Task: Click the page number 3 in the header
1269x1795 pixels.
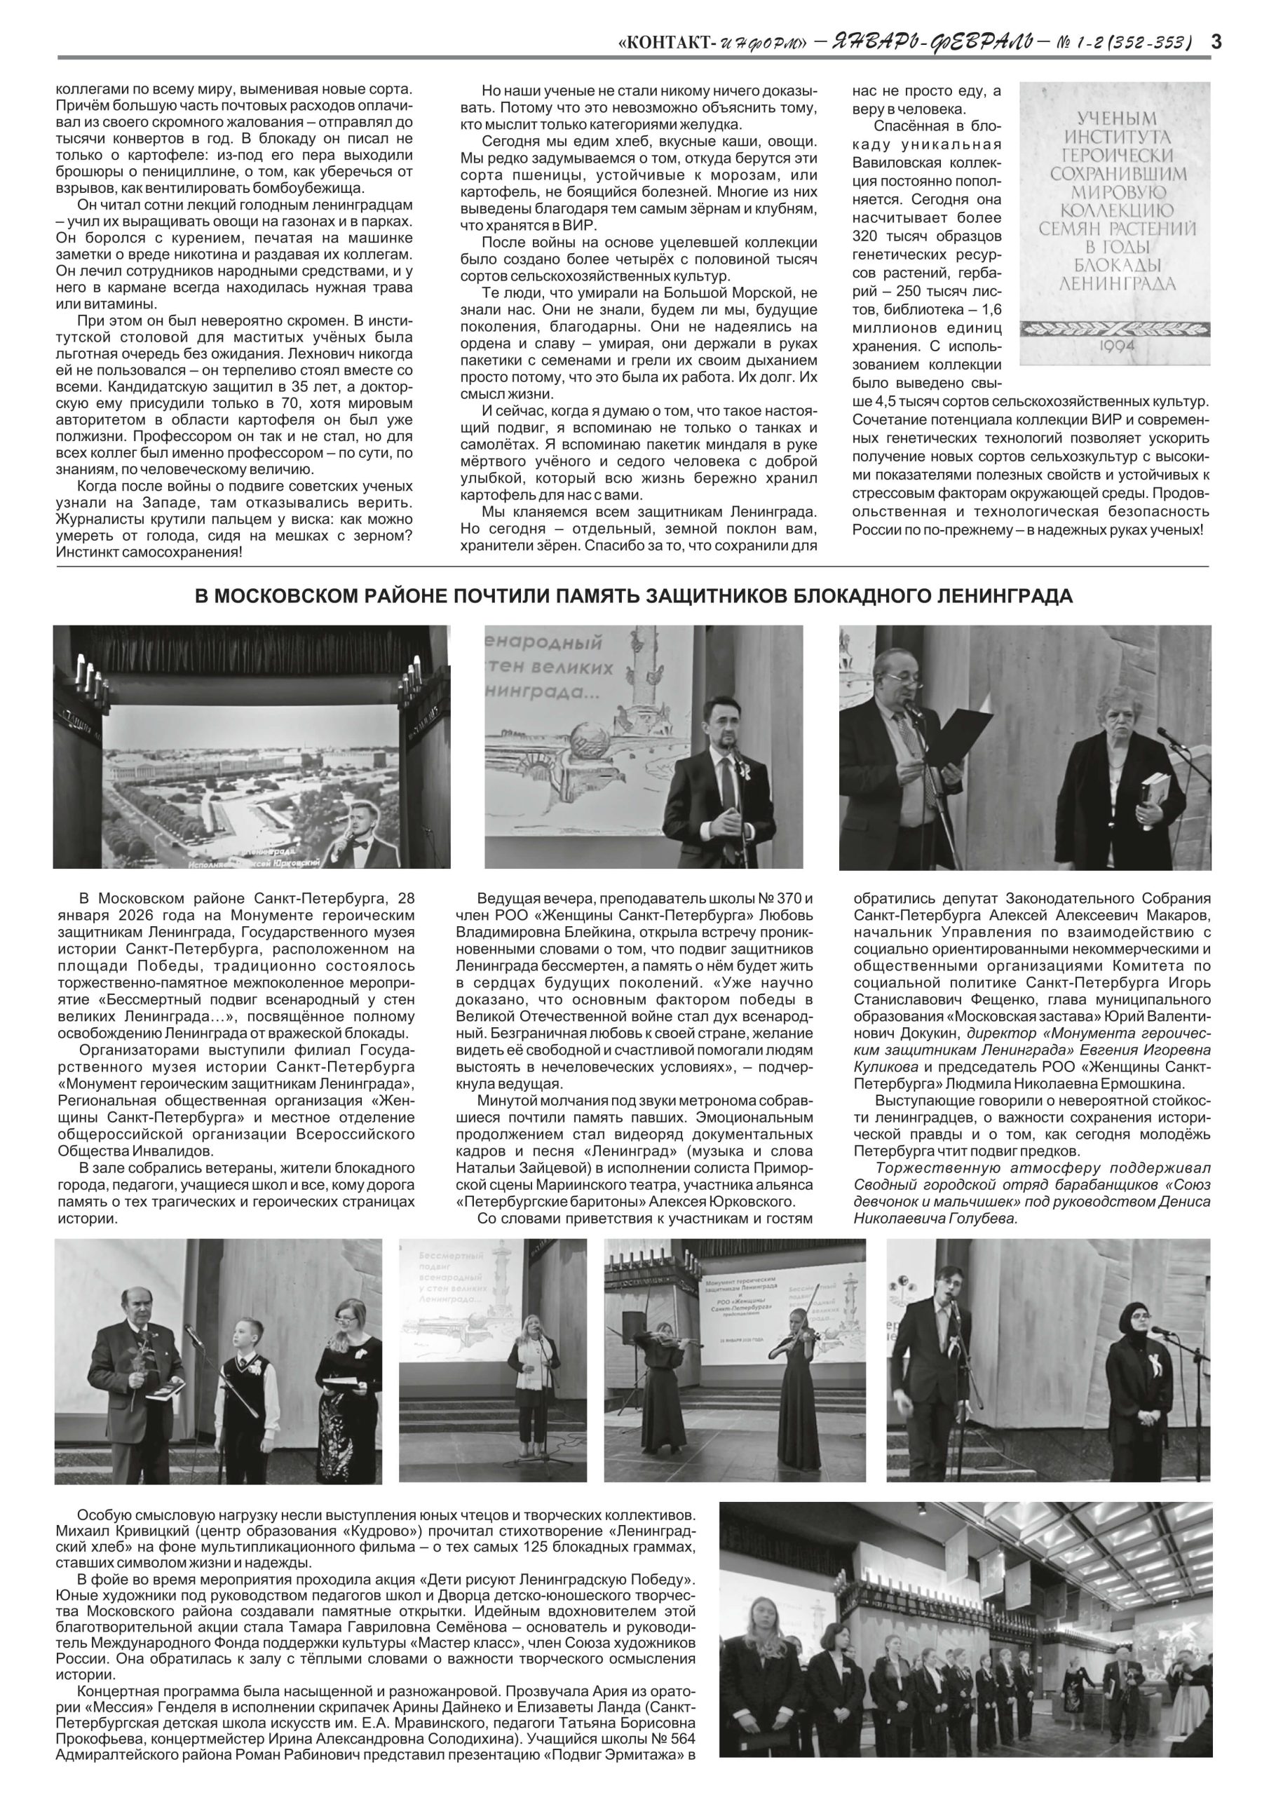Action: [1216, 41]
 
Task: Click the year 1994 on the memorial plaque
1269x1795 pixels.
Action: [1115, 345]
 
